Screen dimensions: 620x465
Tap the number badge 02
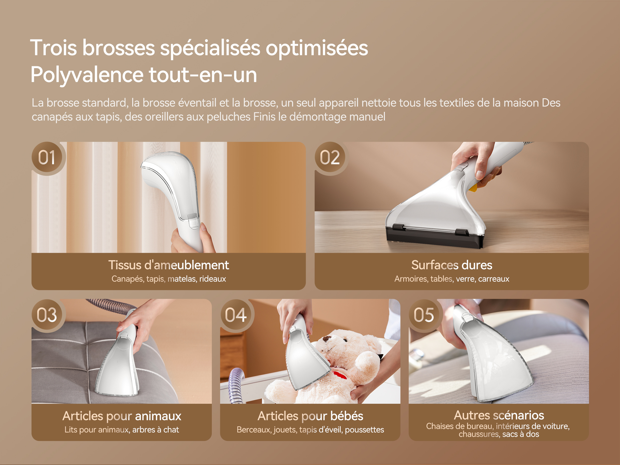331,158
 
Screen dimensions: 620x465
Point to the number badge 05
425,315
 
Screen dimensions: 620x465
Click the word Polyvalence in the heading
87,75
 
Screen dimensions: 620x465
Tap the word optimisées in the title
317,48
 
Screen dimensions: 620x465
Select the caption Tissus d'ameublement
169,265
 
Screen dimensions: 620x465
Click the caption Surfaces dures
452,265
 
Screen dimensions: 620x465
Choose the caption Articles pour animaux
122,416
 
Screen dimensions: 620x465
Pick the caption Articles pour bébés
310,416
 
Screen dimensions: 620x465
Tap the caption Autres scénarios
499,415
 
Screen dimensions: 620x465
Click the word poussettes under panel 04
364,430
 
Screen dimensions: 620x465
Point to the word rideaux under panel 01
213,279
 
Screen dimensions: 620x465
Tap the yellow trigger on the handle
473,187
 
